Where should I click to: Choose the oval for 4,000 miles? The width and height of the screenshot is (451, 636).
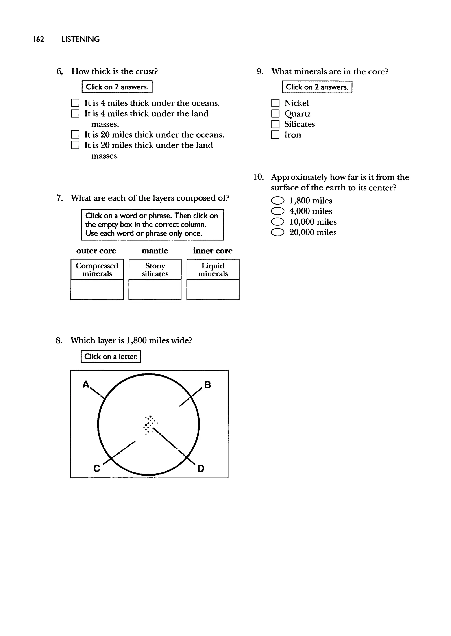coord(277,211)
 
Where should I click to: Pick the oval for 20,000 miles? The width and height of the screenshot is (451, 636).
coord(277,232)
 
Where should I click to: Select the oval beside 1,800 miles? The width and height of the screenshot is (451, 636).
coord(277,201)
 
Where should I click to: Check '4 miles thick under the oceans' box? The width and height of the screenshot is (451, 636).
coord(75,103)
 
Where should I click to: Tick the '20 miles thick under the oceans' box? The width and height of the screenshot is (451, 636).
coord(75,135)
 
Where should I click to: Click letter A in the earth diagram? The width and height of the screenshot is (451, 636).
coord(86,384)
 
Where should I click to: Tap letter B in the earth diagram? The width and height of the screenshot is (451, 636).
coord(207,385)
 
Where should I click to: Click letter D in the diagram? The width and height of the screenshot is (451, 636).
coord(201,469)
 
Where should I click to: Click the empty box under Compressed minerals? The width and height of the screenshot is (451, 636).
coord(97,290)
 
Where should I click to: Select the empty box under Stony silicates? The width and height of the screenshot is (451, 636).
coord(155,290)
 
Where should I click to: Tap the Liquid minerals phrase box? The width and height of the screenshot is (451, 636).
coord(213,270)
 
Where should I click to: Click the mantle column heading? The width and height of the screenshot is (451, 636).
coord(155,251)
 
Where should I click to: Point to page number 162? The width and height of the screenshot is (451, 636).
coord(38,39)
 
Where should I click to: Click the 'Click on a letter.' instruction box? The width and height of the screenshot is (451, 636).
coord(111,357)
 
